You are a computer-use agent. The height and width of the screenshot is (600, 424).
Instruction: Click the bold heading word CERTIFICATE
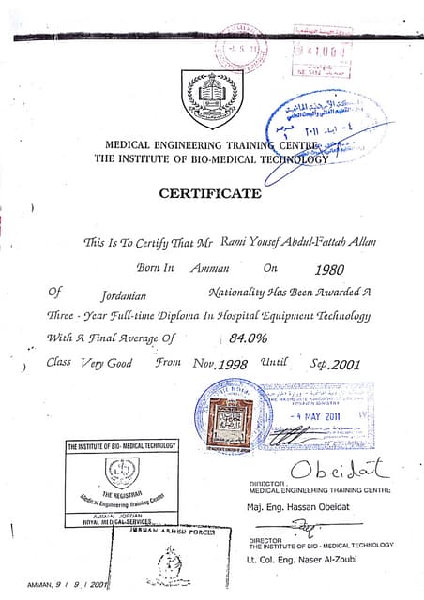210,194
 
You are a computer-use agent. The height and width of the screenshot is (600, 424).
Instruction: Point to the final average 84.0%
250,337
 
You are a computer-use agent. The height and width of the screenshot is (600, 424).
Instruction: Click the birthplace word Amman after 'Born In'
209,267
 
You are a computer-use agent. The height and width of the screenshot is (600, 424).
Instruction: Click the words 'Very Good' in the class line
106,362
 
